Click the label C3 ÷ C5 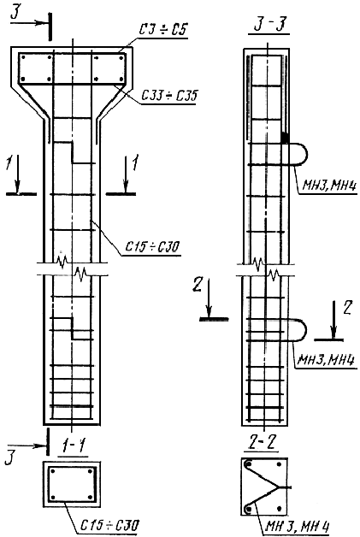[162, 30]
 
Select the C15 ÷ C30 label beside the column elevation [152, 246]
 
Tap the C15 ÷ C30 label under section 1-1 [110, 524]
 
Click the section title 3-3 [270, 26]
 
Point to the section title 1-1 [74, 446]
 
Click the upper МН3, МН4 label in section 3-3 [330, 186]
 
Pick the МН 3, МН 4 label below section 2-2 [297, 527]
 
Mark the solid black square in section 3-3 [285, 138]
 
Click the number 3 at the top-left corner [15, 13]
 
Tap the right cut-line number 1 [136, 162]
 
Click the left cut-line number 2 [197, 285]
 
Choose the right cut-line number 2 [347, 309]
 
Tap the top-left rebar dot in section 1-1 [52, 471]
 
